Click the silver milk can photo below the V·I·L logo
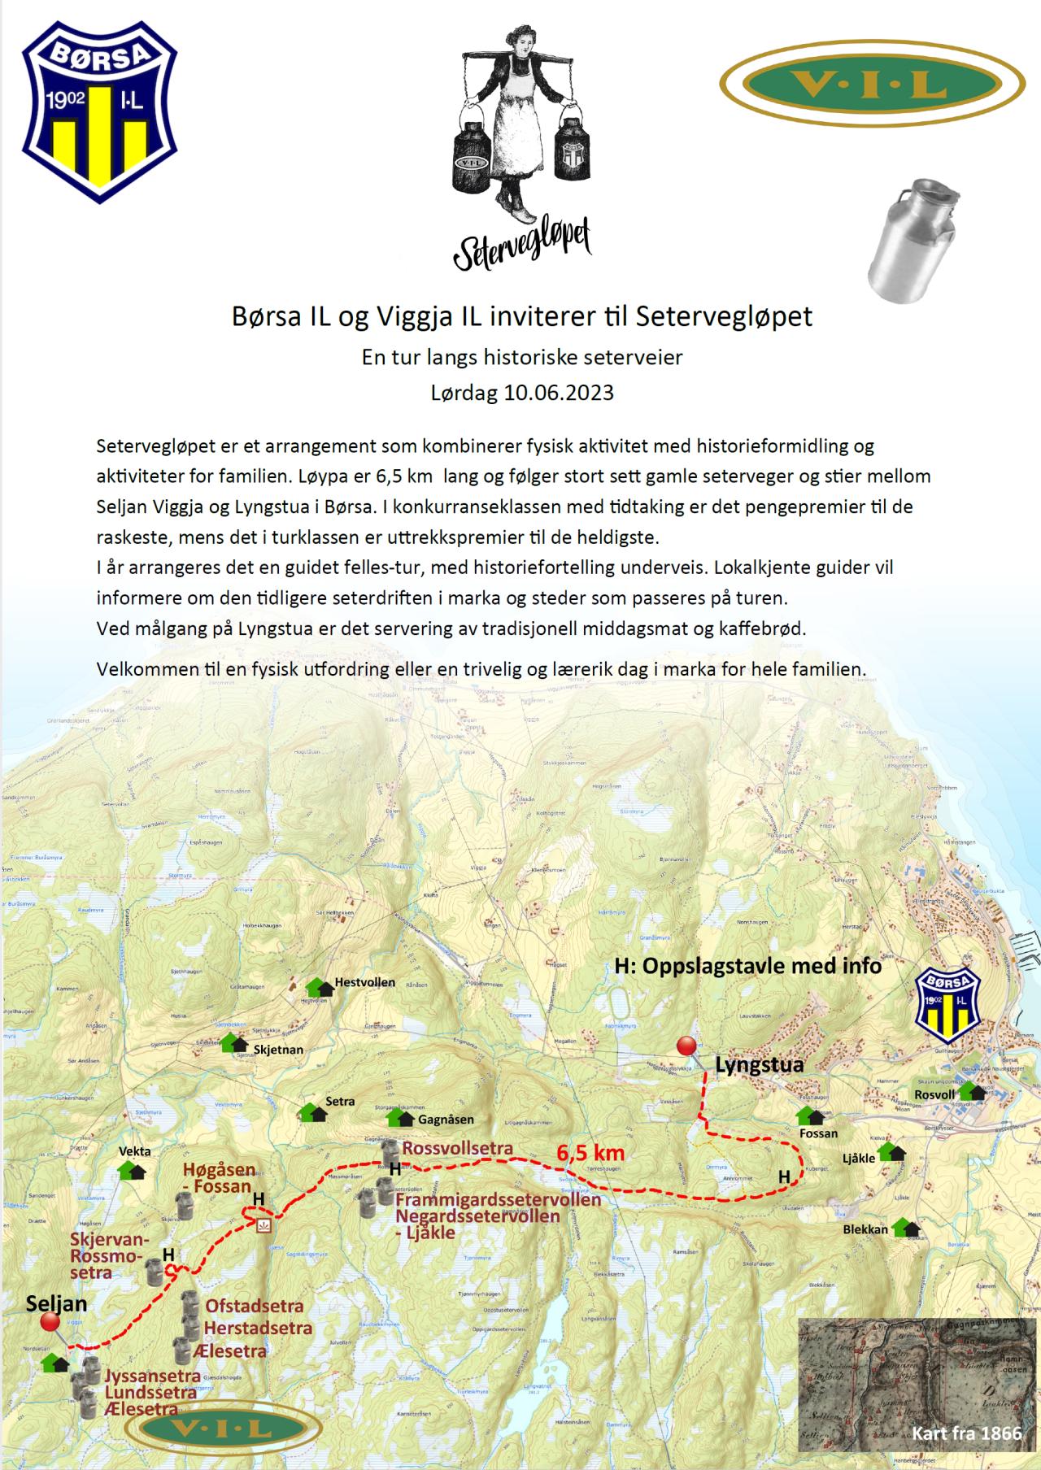pos(911,241)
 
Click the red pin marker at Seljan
pos(51,1323)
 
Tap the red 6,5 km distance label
pos(590,1152)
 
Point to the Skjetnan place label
pos(278,1050)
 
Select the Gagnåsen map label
pos(446,1120)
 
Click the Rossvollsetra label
pos(458,1148)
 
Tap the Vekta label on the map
pos(134,1151)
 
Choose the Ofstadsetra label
pos(255,1306)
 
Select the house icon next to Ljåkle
pos(892,1152)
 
